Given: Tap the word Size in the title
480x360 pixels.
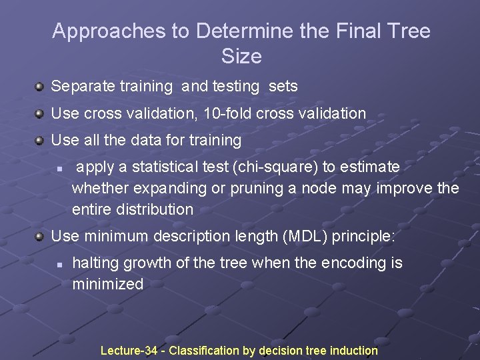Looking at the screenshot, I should click(x=241, y=57).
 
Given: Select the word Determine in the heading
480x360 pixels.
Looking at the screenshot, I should click(x=246, y=31).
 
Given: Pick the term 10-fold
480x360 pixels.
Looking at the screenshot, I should click(x=225, y=113).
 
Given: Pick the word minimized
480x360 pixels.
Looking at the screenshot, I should click(x=107, y=284).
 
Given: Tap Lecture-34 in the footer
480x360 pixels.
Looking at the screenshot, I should click(x=130, y=350).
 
